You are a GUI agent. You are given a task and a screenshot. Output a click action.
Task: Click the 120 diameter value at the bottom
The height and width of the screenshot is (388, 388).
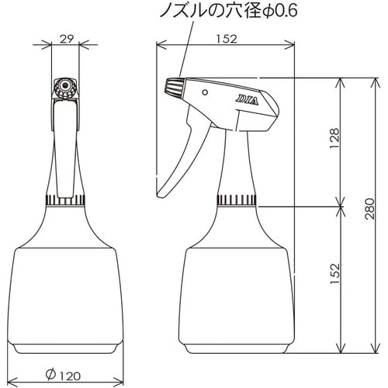(74, 375)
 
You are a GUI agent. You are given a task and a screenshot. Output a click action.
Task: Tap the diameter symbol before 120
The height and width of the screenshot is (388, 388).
(50, 375)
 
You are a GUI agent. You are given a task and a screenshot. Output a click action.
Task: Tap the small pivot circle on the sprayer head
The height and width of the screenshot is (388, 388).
(205, 92)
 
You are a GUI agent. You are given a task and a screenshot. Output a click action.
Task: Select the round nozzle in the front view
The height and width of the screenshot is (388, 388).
(65, 85)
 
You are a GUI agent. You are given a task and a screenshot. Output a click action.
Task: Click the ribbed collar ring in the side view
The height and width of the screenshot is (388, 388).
(237, 201)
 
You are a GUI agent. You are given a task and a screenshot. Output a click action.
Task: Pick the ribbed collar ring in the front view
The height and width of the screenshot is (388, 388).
(66, 201)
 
